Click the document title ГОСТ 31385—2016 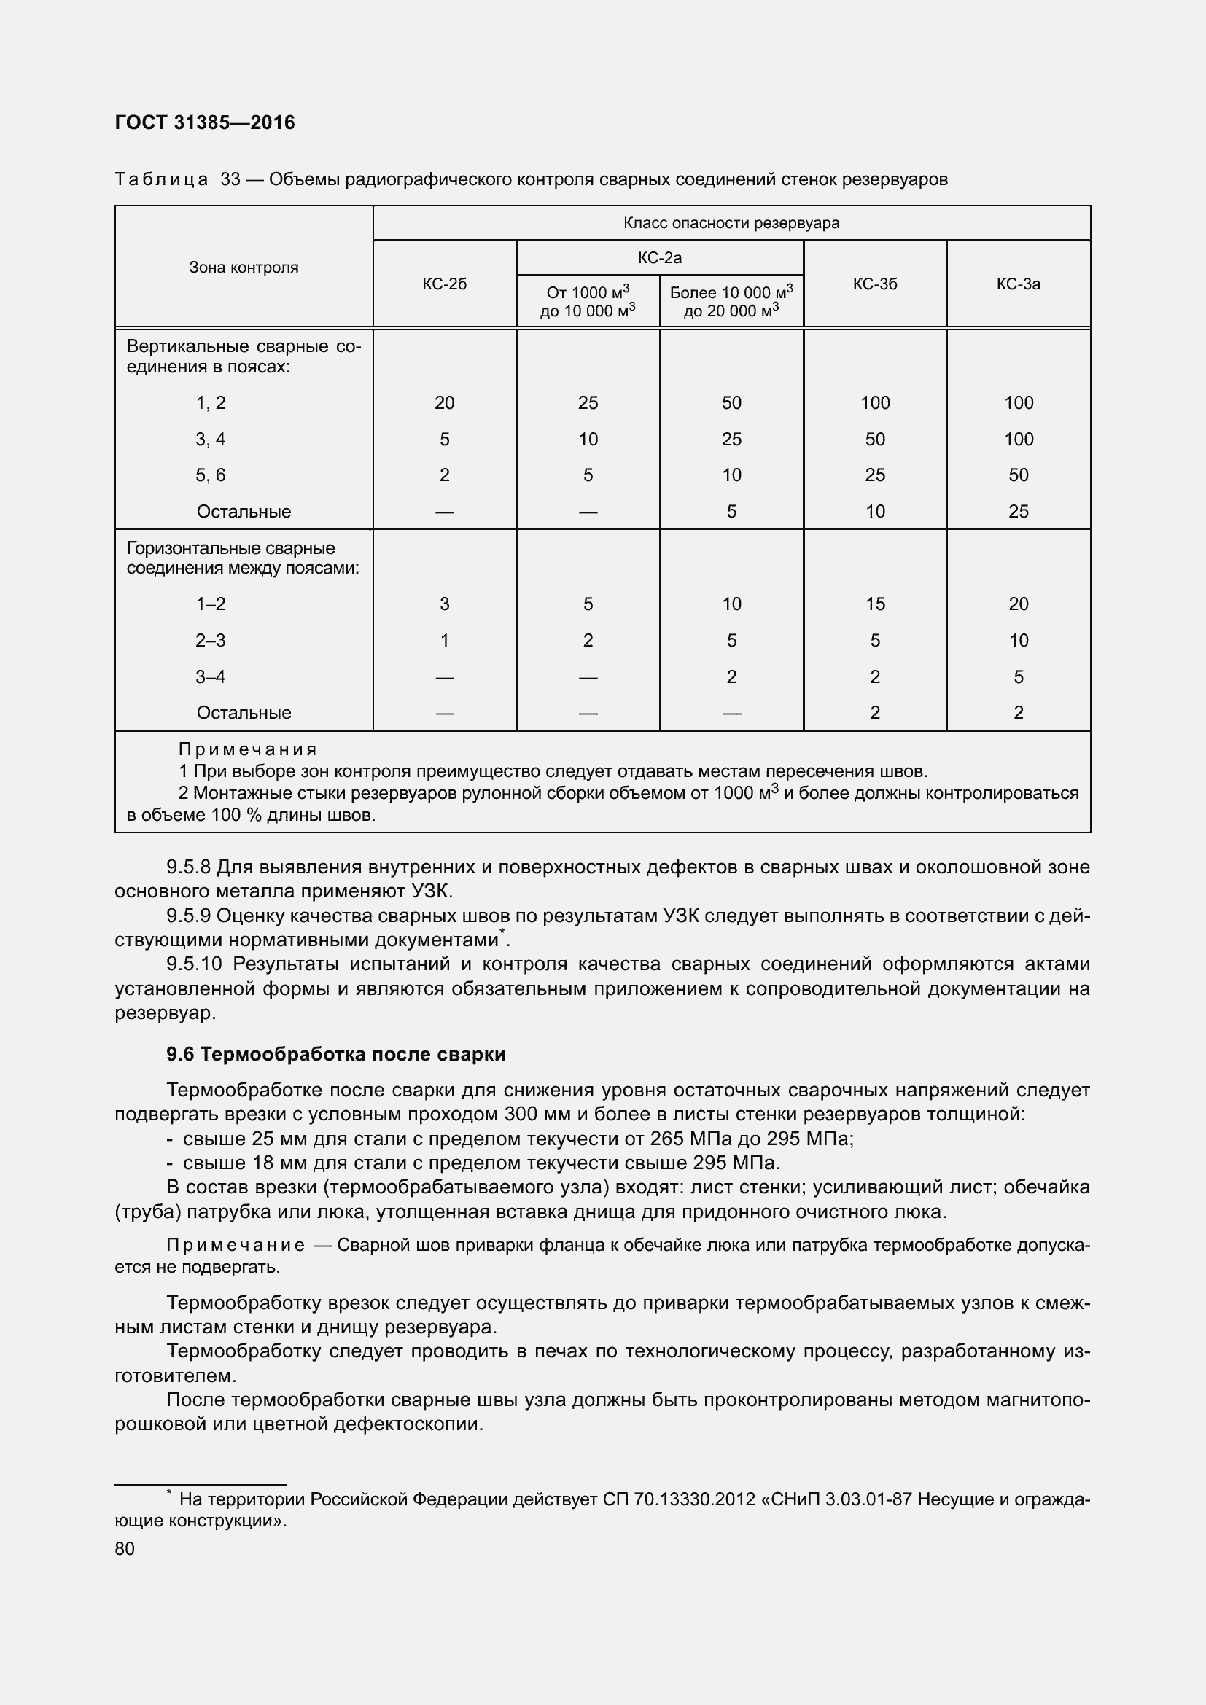click(205, 122)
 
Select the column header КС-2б click(444, 284)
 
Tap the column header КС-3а click(1018, 284)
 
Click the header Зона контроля click(244, 268)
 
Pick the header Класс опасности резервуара click(731, 223)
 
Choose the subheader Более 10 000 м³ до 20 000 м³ click(731, 302)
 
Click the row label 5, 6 click(210, 475)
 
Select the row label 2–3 click(210, 640)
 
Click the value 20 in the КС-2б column click(444, 403)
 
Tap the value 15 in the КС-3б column click(875, 604)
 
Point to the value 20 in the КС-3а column click(1018, 604)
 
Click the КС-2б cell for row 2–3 click(444, 640)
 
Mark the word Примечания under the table click(247, 749)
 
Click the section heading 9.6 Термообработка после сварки click(335, 1055)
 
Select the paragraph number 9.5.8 click(189, 867)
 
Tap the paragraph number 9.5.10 click(194, 964)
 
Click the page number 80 click(125, 1548)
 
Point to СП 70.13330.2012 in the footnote click(680, 1499)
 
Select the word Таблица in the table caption click(161, 180)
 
